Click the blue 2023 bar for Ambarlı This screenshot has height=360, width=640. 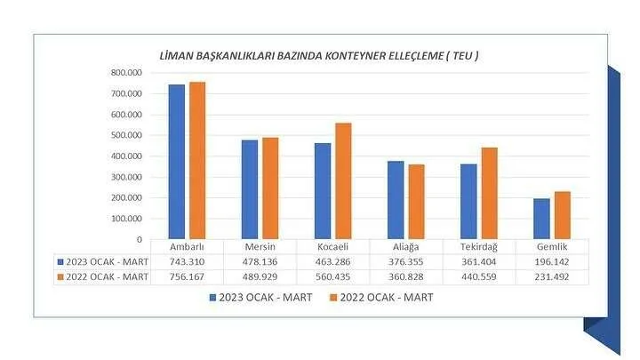(x=177, y=162)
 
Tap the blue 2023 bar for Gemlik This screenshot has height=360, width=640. (x=541, y=219)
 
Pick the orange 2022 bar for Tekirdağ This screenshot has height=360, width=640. (x=490, y=193)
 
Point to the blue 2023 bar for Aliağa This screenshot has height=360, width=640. (x=396, y=200)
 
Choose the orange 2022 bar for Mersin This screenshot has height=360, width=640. (x=270, y=188)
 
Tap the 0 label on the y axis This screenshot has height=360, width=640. (x=139, y=239)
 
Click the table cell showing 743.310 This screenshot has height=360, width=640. (x=186, y=262)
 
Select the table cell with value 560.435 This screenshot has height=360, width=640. (x=332, y=276)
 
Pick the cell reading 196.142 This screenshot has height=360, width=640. (x=551, y=262)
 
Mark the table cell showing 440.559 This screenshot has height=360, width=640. (x=478, y=276)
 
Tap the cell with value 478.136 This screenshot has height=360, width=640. (x=259, y=262)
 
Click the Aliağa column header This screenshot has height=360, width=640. (x=404, y=247)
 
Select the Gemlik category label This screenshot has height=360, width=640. (x=551, y=247)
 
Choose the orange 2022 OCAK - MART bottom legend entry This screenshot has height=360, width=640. (x=382, y=298)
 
